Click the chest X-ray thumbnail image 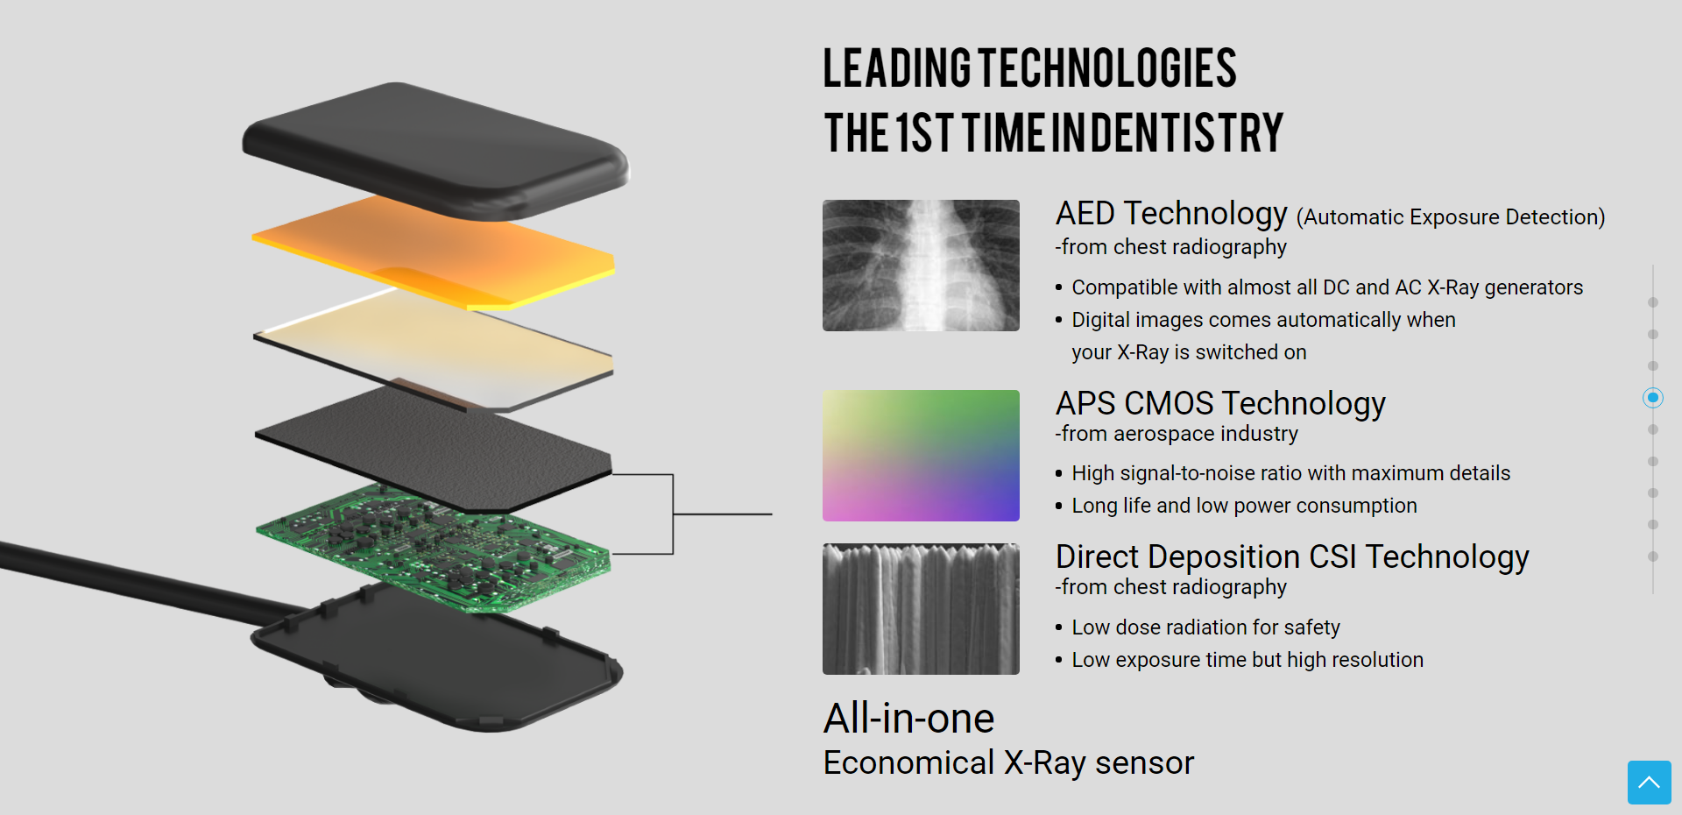pyautogui.click(x=921, y=266)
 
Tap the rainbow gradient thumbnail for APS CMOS pyautogui.click(x=921, y=456)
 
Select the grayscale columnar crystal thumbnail pyautogui.click(x=921, y=609)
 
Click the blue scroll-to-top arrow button pyautogui.click(x=1650, y=783)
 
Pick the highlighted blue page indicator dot pyautogui.click(x=1653, y=398)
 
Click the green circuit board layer pyautogui.click(x=433, y=547)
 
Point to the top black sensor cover pyautogui.click(x=435, y=149)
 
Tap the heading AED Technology pyautogui.click(x=1171, y=213)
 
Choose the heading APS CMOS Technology pyautogui.click(x=1220, y=403)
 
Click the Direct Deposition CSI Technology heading pyautogui.click(x=1292, y=556)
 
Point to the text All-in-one pyautogui.click(x=908, y=719)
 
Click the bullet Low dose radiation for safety pyautogui.click(x=1205, y=627)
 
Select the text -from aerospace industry pyautogui.click(x=1177, y=434)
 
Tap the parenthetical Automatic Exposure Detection pyautogui.click(x=1451, y=217)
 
